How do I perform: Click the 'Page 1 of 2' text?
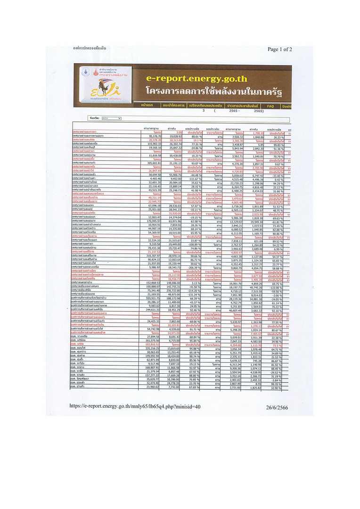click(279, 49)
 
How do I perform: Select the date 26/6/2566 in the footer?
click(279, 406)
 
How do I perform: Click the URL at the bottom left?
click(135, 406)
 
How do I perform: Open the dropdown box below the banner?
click(111, 118)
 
